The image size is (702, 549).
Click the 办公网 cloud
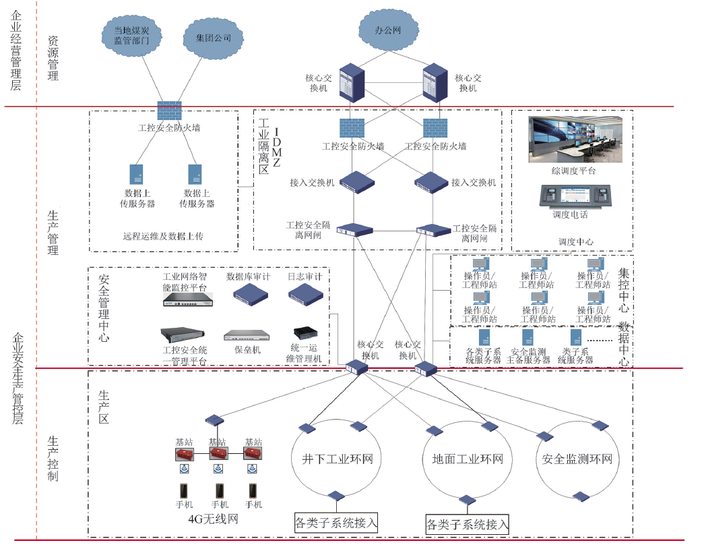388,30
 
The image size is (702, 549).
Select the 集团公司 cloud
213,38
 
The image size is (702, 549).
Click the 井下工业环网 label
332,460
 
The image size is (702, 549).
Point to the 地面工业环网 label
468,460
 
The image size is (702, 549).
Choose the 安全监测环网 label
577,460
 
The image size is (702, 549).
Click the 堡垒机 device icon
246,336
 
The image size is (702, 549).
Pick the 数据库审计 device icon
250,293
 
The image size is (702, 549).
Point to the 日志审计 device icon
307,293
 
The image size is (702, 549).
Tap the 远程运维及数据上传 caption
163,237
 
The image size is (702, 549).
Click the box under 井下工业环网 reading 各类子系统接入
336,522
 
